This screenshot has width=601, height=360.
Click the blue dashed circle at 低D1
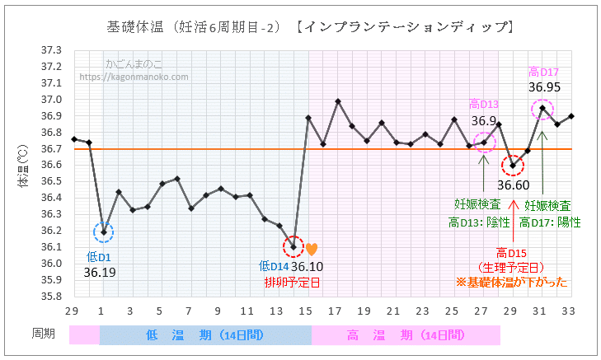[104, 232]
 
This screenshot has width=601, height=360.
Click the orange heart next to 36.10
[311, 249]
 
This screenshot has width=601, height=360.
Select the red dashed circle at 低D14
[293, 246]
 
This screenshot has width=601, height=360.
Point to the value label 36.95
[545, 86]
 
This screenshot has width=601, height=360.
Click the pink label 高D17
[544, 72]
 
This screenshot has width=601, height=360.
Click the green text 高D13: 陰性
[480, 222]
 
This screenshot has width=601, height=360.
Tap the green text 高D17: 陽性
[549, 222]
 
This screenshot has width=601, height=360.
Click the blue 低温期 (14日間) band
[206, 334]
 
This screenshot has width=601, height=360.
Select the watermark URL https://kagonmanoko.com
[134, 77]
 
